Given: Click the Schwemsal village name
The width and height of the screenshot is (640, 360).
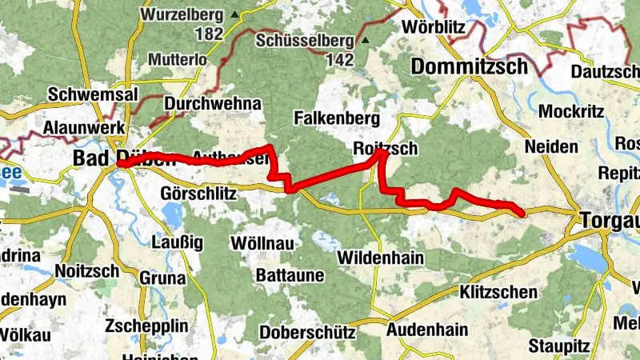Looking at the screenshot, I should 86,94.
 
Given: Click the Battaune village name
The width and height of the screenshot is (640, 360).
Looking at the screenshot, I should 289,275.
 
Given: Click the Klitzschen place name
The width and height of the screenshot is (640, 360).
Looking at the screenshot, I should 499,292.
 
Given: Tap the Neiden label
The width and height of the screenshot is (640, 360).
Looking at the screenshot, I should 550,147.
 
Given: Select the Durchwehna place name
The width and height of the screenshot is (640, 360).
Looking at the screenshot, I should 213,104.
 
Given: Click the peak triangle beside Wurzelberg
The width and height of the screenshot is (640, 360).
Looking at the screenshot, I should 234,14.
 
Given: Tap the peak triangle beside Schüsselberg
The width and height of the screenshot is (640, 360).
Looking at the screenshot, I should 366,40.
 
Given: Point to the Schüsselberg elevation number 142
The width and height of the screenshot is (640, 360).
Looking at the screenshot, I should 341,59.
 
